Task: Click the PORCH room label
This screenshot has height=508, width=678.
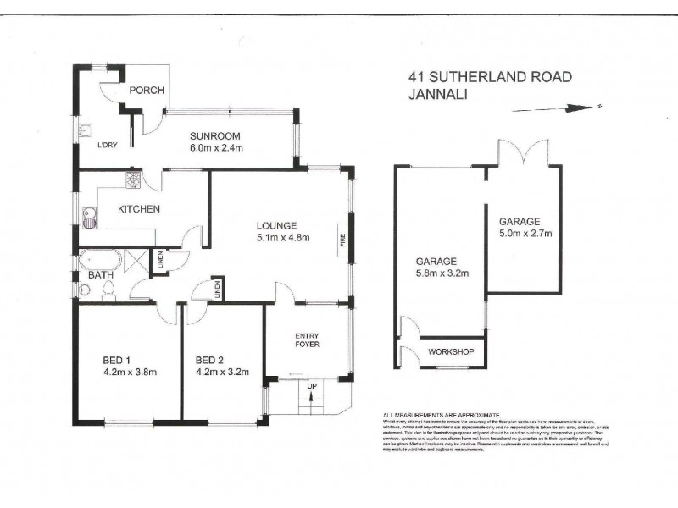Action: (x=145, y=91)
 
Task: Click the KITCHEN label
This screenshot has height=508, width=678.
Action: (x=138, y=209)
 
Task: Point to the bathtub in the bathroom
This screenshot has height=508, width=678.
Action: (x=100, y=261)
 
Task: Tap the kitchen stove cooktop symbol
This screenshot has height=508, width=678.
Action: (x=133, y=179)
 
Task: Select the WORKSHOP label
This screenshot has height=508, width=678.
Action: (x=449, y=351)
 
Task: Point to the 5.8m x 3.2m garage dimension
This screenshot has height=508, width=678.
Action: (x=436, y=273)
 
